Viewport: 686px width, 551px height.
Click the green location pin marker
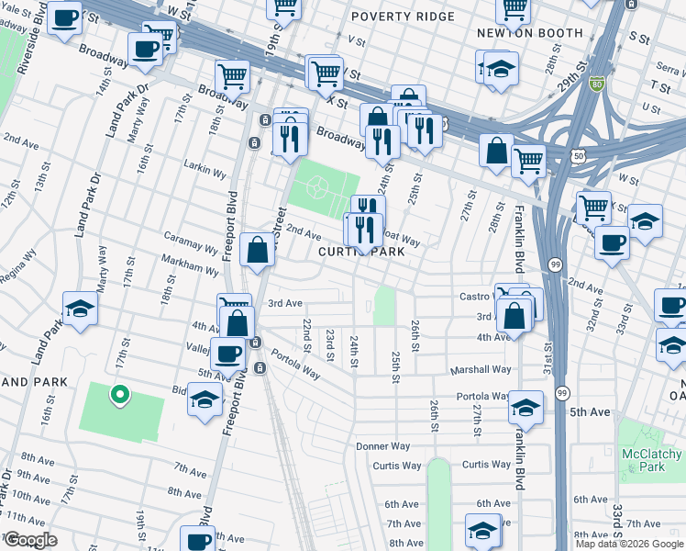(118, 396)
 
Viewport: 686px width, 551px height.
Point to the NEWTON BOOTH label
(530, 33)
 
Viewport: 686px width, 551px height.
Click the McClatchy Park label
(650, 461)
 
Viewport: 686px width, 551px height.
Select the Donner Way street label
(381, 446)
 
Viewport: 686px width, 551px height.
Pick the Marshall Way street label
(480, 369)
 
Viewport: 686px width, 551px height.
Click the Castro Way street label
(479, 297)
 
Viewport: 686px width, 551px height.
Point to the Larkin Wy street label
(206, 172)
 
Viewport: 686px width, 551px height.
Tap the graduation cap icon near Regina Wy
(80, 308)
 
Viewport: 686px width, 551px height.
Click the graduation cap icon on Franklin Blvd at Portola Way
(526, 405)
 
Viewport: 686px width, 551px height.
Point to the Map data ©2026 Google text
(629, 544)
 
